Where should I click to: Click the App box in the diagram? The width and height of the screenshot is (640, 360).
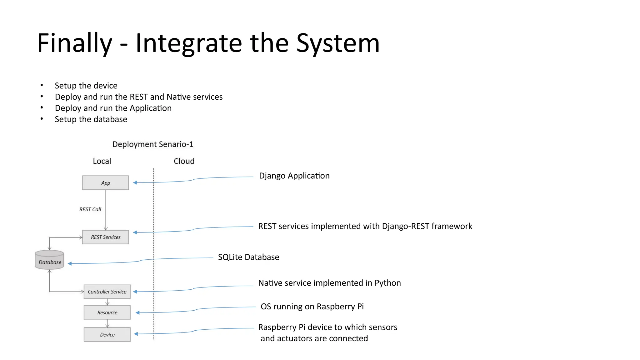point(105,183)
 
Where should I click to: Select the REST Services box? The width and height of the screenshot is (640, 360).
point(105,237)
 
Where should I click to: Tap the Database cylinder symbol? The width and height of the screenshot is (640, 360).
point(49,260)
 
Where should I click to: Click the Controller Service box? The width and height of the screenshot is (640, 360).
point(107,292)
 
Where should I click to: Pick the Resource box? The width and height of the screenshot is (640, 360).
point(107,312)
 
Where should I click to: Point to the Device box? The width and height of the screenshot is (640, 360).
point(107,335)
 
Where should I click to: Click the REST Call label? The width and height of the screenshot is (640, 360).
point(90,209)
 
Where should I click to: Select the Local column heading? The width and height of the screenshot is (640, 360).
point(102,161)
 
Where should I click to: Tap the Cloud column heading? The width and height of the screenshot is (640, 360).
point(184,161)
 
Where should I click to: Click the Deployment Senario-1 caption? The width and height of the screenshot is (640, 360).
point(152,144)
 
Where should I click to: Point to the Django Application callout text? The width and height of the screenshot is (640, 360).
point(294,176)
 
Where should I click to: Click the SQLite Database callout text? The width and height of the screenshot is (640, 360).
point(248,257)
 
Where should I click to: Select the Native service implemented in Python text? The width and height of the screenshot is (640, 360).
point(329,283)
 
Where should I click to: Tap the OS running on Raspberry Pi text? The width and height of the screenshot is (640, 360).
point(312,307)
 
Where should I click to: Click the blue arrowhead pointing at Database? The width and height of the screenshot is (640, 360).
point(70,264)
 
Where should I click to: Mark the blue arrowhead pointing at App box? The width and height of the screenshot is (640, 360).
point(135,182)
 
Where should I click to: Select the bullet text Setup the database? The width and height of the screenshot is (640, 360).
point(91,119)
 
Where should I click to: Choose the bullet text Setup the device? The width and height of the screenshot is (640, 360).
point(86,86)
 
